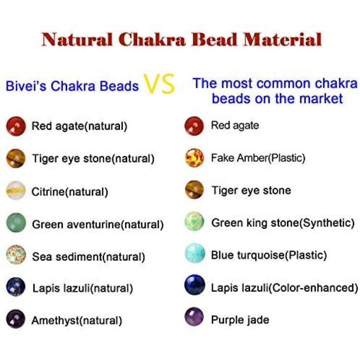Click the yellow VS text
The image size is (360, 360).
159,84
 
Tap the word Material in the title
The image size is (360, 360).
282,39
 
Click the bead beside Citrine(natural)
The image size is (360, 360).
16,191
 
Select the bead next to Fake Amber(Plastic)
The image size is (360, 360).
194,158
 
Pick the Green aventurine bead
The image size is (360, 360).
16,223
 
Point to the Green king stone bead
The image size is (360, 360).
194,221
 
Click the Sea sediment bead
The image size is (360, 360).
16,254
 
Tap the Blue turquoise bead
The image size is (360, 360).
195,253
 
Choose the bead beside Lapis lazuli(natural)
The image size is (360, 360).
16,287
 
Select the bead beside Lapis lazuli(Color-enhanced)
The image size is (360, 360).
194,285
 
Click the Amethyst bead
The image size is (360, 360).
16,319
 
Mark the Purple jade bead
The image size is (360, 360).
194,317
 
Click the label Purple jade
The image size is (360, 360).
240,320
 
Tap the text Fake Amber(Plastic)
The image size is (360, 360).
258,158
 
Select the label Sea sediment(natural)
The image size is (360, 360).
89,257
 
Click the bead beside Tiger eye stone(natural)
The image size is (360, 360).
16,158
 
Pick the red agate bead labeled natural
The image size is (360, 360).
16,126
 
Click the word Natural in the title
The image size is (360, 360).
77,39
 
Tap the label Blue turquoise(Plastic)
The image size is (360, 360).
269,255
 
